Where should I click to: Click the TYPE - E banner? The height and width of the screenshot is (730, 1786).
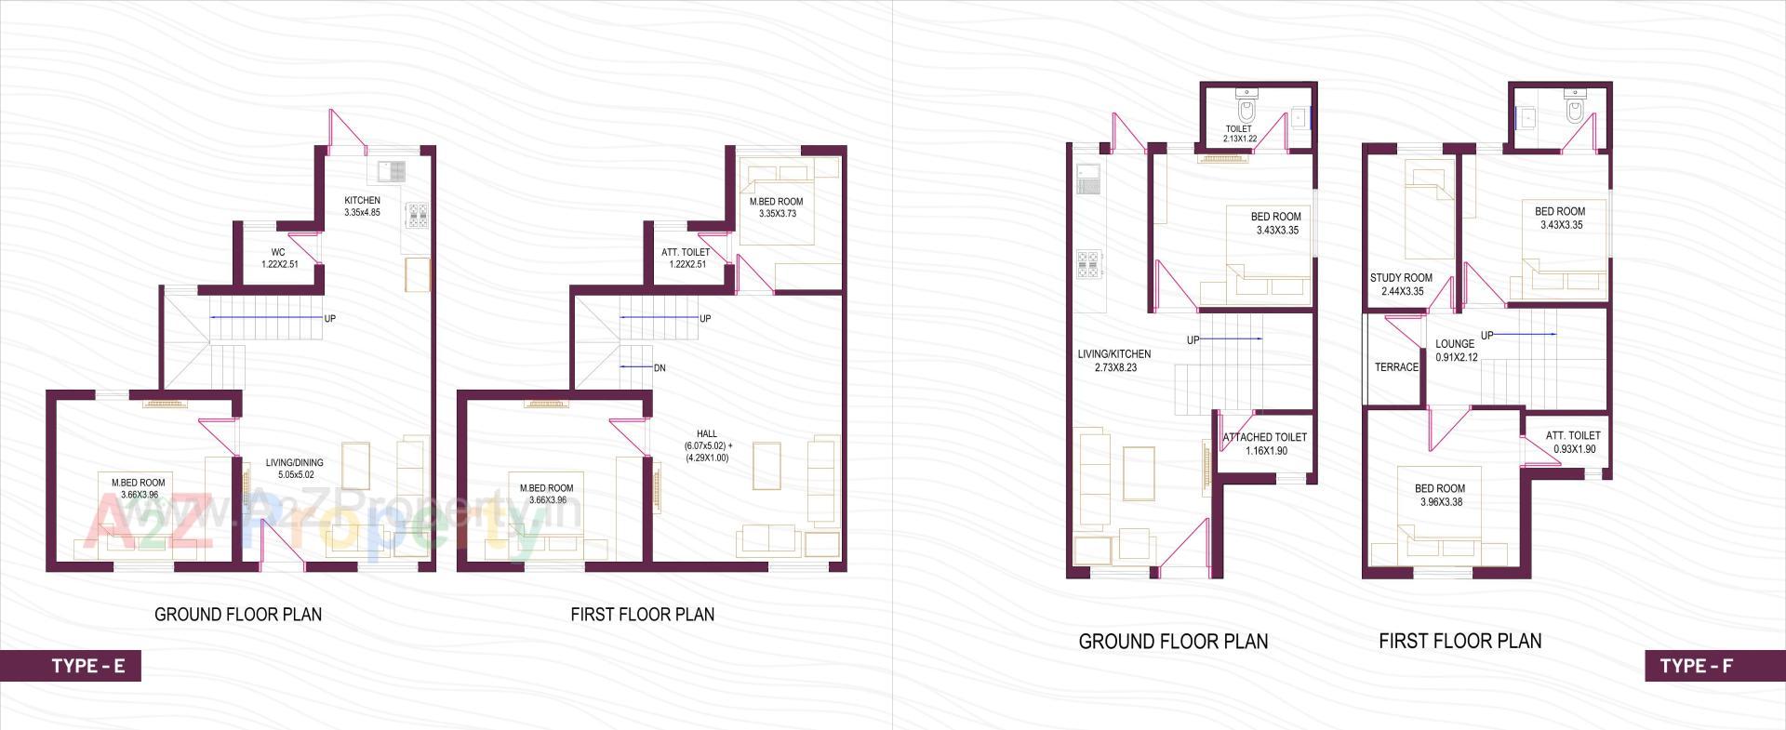coord(87,666)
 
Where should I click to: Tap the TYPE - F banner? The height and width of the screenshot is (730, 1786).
coord(1696,666)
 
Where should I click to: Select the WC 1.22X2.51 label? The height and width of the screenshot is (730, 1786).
coord(279,258)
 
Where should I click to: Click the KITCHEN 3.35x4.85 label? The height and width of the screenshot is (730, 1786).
coord(362,206)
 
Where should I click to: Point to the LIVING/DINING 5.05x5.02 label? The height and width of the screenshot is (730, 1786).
coord(295,469)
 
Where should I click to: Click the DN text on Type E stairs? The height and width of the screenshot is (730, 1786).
coord(660,368)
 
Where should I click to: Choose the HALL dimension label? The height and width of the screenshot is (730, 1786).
coord(707,445)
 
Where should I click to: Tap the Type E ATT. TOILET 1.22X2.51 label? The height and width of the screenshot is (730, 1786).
coord(686,258)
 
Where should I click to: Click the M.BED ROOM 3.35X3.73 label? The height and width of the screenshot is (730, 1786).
coord(776,207)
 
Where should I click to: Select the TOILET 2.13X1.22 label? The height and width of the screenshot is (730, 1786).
coord(1239,134)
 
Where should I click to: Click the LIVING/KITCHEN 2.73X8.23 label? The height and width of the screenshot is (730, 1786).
coord(1114,361)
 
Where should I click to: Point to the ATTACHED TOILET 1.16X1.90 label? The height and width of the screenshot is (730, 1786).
coord(1265,444)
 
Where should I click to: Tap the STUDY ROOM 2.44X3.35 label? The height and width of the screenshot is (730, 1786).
coord(1401,285)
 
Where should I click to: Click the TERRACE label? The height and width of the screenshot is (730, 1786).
coord(1396,367)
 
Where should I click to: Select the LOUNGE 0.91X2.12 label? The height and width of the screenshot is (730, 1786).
coord(1455,351)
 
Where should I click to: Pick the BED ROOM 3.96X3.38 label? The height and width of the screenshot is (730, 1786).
coord(1440,495)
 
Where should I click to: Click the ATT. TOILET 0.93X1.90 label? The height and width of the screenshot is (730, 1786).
coord(1573,442)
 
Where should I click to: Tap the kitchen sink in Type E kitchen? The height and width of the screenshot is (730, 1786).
coord(392,170)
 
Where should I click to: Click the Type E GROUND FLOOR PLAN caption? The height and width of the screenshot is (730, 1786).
coord(238,615)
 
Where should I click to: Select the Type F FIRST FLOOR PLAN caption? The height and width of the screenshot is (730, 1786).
coord(1459,641)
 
